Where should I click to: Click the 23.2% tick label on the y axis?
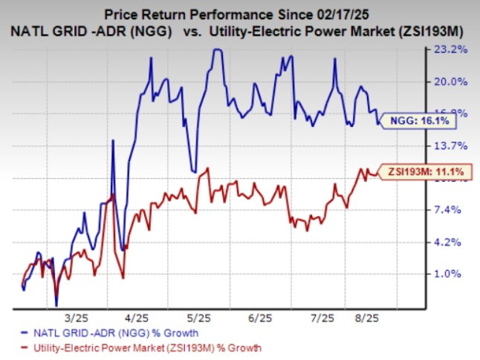click(453, 50)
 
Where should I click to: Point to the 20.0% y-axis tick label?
click(453, 81)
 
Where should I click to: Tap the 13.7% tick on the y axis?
click(453, 146)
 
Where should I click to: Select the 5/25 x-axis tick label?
click(200, 317)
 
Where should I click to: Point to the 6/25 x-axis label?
click(261, 317)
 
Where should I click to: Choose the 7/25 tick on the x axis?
click(321, 317)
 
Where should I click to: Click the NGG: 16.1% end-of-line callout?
click(425, 122)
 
